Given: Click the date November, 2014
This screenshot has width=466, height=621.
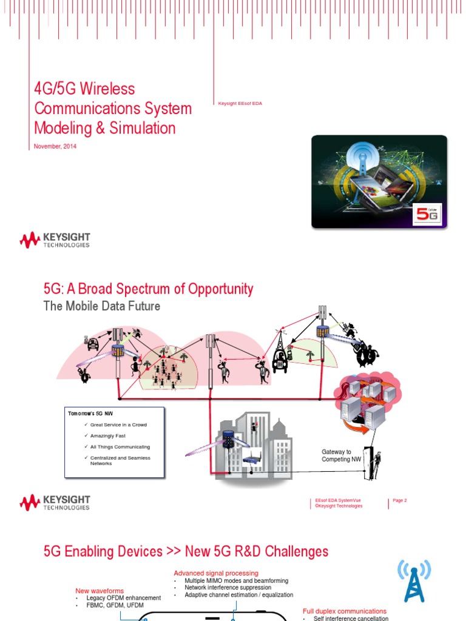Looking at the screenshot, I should click(x=55, y=146).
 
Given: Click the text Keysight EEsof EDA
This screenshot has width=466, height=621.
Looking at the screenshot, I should click(x=240, y=104).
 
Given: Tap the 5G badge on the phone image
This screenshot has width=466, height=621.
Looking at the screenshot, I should click(x=428, y=213).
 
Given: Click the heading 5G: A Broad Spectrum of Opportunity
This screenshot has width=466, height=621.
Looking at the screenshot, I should click(x=148, y=289).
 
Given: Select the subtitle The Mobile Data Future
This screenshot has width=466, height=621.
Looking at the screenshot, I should click(x=102, y=306).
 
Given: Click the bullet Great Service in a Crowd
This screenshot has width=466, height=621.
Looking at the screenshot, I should click(x=118, y=425).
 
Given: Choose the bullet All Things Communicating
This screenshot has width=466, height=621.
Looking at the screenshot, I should click(x=120, y=446).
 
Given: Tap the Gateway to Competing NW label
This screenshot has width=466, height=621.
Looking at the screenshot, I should click(x=337, y=455).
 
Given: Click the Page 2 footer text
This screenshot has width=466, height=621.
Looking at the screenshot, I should click(x=400, y=500).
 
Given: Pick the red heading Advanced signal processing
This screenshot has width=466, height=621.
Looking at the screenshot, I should click(x=216, y=573).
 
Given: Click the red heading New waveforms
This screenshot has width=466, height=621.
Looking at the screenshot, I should click(x=100, y=591).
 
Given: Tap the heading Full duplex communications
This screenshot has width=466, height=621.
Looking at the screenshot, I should click(x=345, y=611).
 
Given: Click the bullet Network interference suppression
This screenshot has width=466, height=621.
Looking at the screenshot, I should click(x=228, y=588).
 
